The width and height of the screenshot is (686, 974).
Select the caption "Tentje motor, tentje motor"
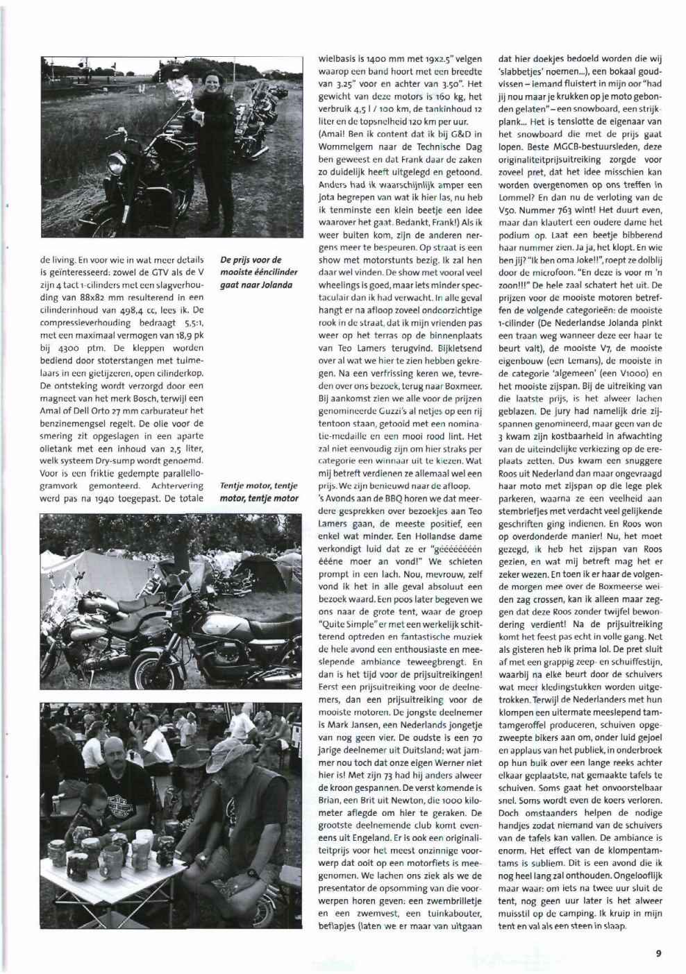[x=249, y=492]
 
